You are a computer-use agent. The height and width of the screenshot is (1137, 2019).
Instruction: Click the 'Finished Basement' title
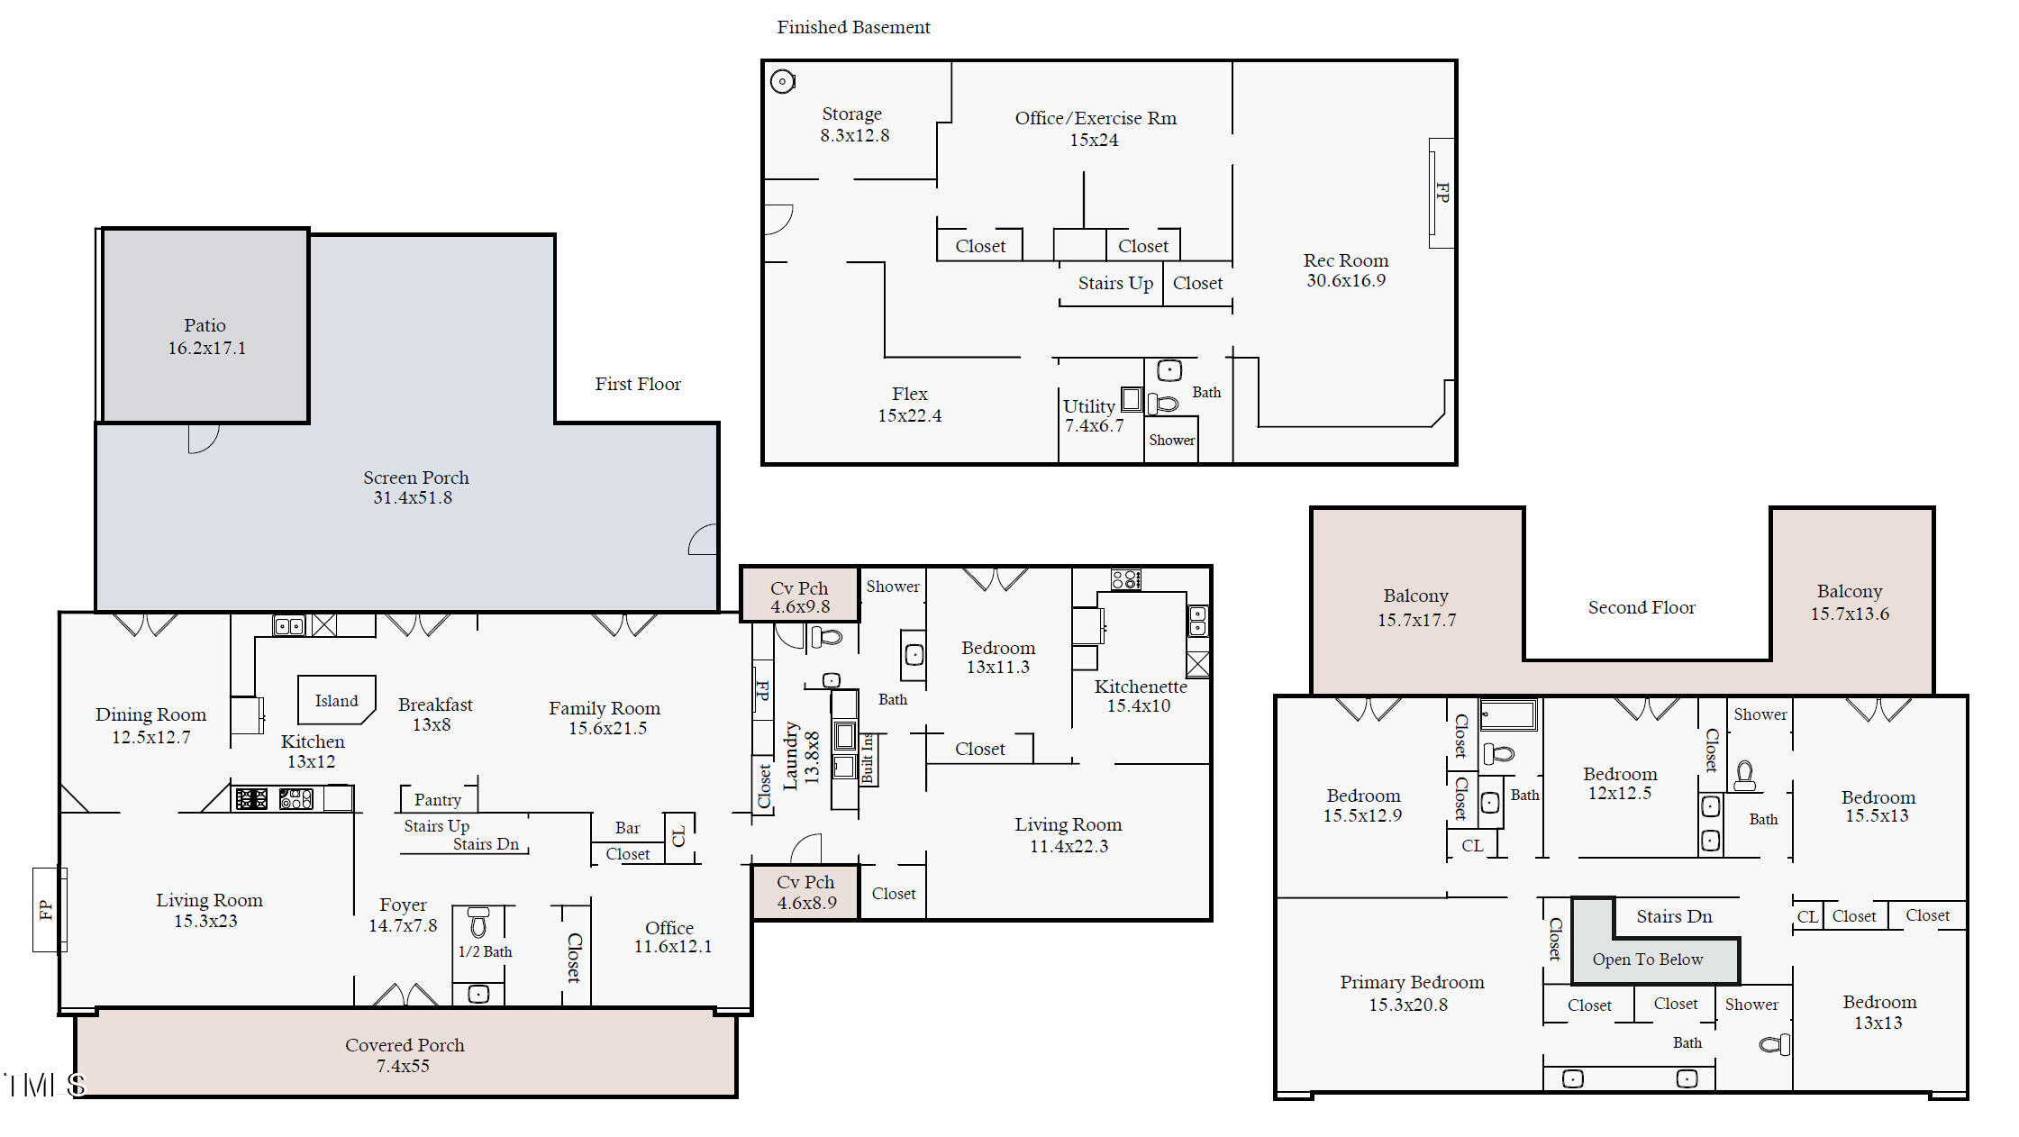853,28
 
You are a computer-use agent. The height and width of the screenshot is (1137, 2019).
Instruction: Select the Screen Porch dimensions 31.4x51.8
413,497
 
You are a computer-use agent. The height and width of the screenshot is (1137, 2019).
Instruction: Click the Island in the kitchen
336,700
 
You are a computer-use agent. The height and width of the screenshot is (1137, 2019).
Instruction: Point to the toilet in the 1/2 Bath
478,922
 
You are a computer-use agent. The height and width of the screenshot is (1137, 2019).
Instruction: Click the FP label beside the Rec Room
1442,192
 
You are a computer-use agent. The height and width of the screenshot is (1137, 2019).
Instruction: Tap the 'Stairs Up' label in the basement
1115,283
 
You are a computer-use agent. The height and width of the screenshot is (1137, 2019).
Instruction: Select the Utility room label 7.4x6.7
1094,415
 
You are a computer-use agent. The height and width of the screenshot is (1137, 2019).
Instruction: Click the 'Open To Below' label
1647,960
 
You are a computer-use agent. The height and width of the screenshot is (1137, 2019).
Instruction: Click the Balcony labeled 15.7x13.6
1850,602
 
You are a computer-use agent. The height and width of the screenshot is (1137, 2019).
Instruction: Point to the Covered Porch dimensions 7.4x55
403,1066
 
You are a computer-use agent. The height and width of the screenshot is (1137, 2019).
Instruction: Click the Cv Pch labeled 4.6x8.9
806,892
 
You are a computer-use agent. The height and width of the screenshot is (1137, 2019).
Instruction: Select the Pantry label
437,800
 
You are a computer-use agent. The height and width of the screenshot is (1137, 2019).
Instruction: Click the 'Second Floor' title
1642,607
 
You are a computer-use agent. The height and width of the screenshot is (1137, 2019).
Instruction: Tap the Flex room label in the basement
910,405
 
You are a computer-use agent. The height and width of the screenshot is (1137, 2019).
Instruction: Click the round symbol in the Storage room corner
783,82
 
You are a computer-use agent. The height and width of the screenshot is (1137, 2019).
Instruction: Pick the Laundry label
790,755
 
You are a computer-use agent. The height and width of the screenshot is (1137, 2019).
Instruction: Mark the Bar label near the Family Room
627,828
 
